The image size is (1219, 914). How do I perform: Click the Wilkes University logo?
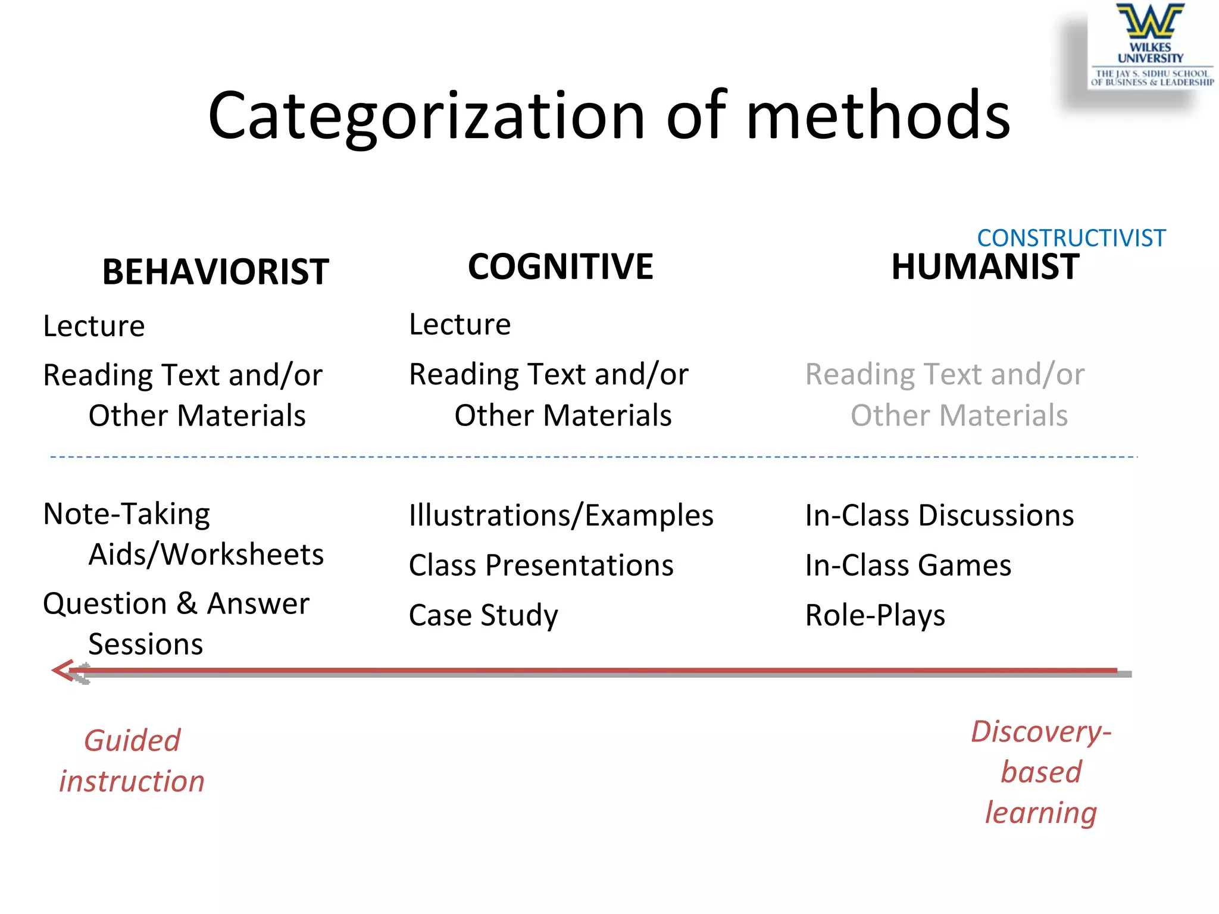(x=1151, y=45)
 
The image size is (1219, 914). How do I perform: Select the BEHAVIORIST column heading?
(x=215, y=272)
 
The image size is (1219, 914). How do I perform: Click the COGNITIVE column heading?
(x=560, y=266)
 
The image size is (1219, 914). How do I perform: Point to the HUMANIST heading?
(x=985, y=266)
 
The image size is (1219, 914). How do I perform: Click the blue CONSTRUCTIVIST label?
(x=1071, y=238)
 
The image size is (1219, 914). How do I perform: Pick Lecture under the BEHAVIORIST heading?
(x=94, y=326)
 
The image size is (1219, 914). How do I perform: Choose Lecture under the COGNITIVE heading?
(x=460, y=324)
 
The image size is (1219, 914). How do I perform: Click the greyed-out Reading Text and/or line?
(x=945, y=375)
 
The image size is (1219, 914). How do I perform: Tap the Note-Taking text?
(x=127, y=514)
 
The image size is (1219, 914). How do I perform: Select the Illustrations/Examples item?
(x=561, y=515)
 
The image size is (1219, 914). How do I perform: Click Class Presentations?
(x=541, y=565)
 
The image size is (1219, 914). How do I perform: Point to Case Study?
(x=483, y=615)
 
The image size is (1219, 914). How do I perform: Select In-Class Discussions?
(x=939, y=515)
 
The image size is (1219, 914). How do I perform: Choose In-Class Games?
(x=908, y=565)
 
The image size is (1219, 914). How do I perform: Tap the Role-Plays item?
(x=875, y=615)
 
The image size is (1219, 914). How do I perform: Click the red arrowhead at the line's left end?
(x=62, y=671)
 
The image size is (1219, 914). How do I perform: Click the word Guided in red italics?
(x=132, y=741)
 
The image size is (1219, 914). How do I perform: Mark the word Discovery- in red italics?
(x=1041, y=732)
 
